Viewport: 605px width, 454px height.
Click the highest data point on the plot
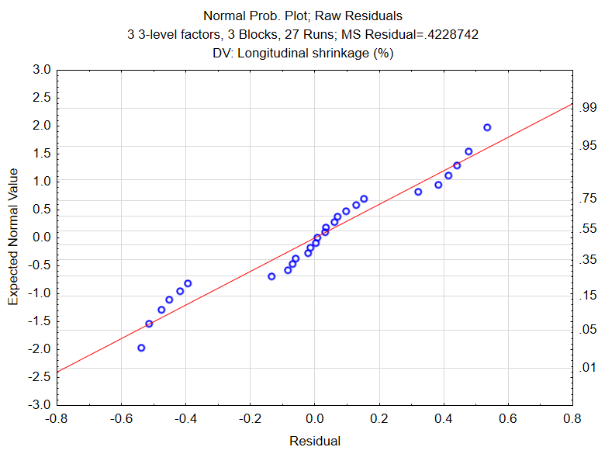(487, 127)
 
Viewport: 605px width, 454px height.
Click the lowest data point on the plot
(141, 348)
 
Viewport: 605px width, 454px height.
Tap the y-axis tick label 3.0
(42, 70)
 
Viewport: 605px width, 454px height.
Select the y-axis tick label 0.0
(42, 237)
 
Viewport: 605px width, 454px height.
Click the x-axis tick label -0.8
(57, 419)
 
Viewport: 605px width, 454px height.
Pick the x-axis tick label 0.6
(507, 419)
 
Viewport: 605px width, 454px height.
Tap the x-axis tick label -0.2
(250, 419)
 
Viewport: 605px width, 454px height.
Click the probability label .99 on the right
(586, 108)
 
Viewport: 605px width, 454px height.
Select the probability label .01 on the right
(586, 368)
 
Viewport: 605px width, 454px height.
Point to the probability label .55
(586, 229)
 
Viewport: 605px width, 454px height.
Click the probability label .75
(586, 199)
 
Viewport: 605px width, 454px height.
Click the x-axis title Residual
(314, 441)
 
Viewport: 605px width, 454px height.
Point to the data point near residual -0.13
(271, 276)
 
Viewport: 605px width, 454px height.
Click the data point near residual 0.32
(418, 192)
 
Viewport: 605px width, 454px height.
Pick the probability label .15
(586, 295)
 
